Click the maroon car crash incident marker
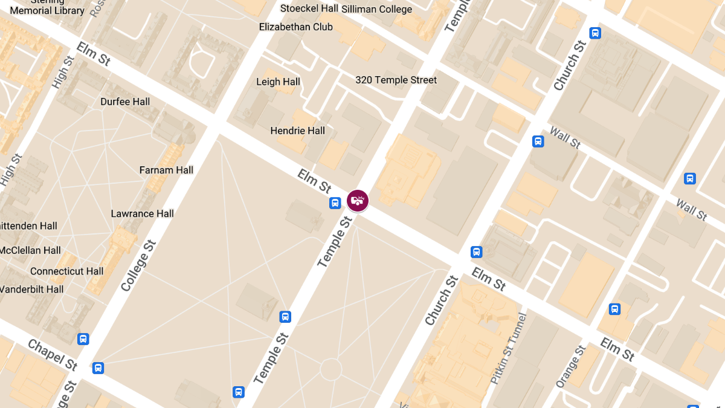(358, 200)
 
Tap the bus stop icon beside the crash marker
(335, 203)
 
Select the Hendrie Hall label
(297, 131)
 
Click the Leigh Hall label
(278, 82)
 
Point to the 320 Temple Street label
(396, 80)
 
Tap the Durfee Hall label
(125, 102)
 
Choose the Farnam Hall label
(166, 170)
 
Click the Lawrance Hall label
(142, 213)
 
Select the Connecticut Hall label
(66, 271)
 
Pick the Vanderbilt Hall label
(31, 290)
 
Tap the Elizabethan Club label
(296, 27)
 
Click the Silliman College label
(376, 9)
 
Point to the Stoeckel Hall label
(309, 8)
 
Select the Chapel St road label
(53, 355)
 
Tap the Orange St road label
(571, 366)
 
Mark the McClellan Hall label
(30, 250)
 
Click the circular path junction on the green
(330, 369)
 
